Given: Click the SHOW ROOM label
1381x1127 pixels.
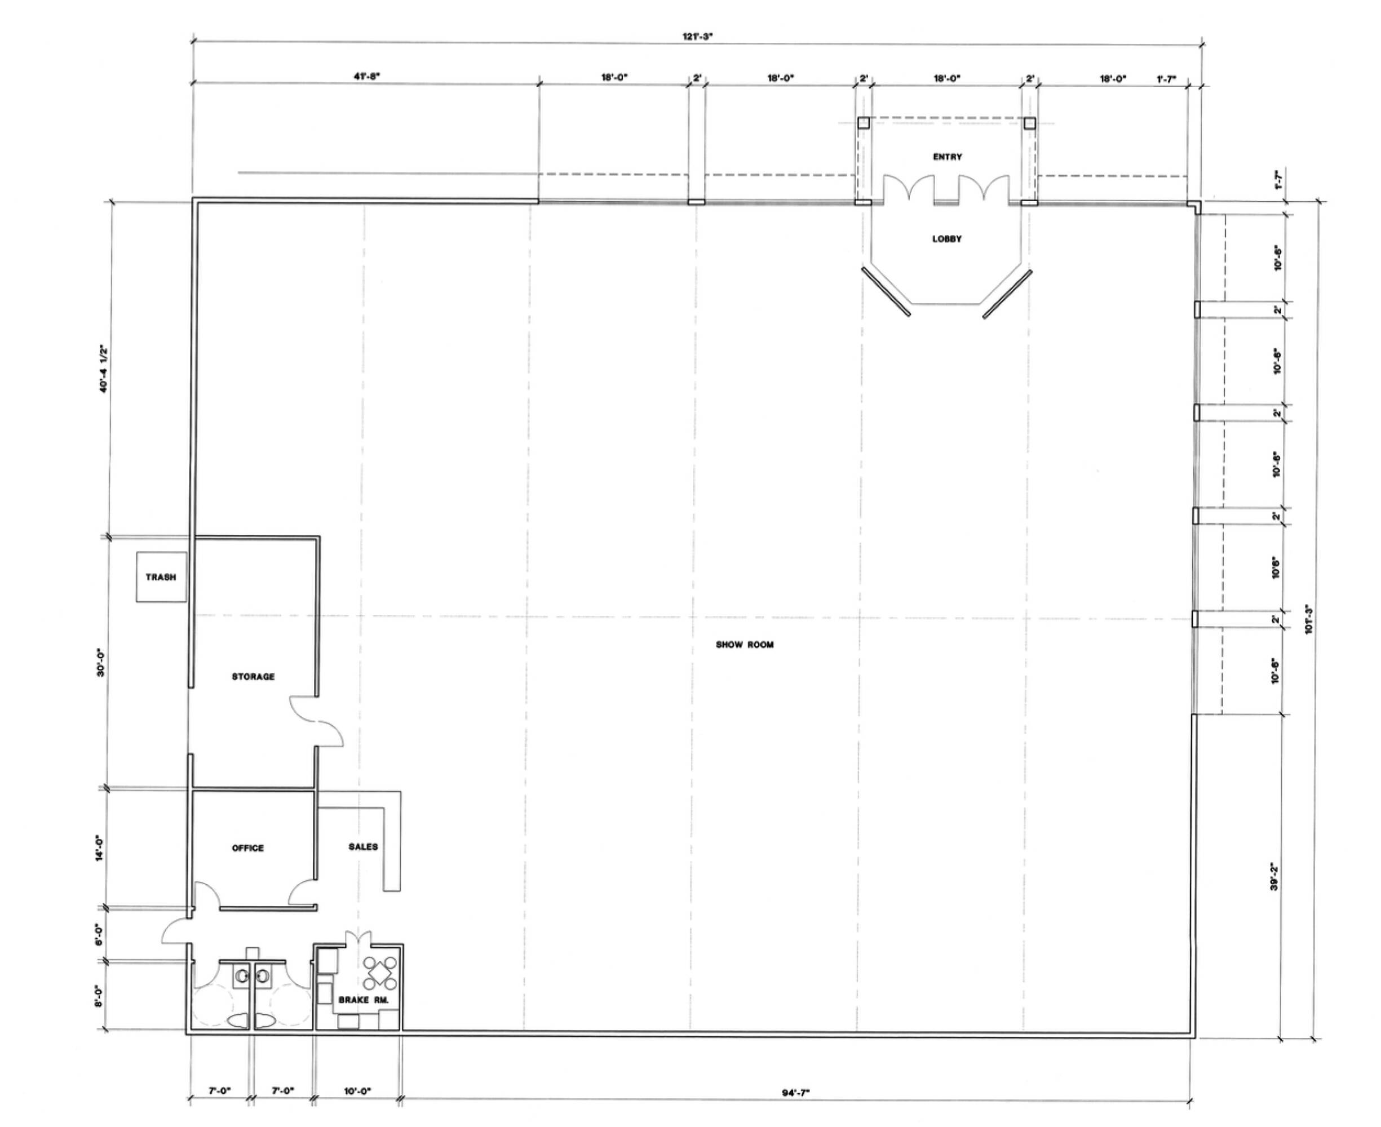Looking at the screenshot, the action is [745, 645].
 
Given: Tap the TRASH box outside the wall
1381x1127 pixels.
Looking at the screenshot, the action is [161, 577].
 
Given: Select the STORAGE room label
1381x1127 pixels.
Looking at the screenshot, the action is [253, 676].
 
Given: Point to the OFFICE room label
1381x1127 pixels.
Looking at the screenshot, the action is [248, 848].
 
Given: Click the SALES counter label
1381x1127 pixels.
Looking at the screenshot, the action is [363, 846].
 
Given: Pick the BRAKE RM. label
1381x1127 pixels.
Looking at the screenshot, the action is [364, 1000].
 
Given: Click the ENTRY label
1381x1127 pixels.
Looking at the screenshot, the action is [948, 157].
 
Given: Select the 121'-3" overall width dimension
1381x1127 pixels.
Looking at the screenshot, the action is [697, 37].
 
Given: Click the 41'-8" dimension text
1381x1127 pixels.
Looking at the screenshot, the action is [366, 77].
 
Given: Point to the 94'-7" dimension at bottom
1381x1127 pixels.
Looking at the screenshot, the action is [795, 1093].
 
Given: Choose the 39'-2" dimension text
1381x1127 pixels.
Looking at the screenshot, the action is [1274, 876].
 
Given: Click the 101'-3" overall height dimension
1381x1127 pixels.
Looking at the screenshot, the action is [1309, 620].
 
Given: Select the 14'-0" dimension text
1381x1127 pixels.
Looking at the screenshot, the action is [100, 848].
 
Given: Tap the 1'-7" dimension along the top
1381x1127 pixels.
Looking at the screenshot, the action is [1166, 79].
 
